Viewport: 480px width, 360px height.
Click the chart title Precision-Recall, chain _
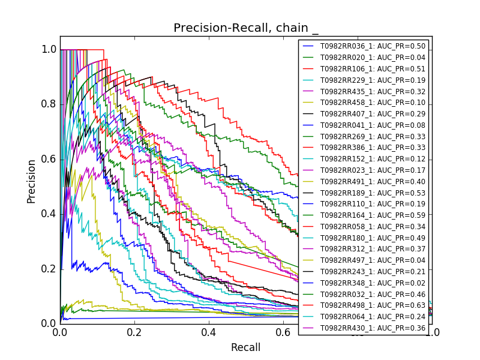coord(246,28)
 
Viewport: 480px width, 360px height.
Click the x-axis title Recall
coord(246,347)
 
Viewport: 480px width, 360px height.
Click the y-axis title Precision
coord(31,181)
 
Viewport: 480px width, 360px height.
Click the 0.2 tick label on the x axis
coord(134,332)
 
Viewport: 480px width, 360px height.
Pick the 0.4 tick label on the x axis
coord(209,332)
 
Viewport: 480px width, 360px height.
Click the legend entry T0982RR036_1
coord(372,46)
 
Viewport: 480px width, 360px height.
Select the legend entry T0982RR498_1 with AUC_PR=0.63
coord(372,305)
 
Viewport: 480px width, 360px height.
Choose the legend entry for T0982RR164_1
coord(372,215)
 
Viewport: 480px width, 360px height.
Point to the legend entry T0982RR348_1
coord(372,283)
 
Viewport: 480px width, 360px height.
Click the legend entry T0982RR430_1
coord(372,328)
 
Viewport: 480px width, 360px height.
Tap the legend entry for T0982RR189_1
coord(372,193)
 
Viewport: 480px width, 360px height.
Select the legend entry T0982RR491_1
coord(372,182)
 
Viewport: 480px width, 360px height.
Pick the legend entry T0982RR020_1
coord(372,58)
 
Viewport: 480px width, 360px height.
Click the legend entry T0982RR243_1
coord(372,272)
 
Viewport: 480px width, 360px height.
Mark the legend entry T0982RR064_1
coord(372,317)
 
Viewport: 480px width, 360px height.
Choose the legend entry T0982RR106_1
coord(372,69)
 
